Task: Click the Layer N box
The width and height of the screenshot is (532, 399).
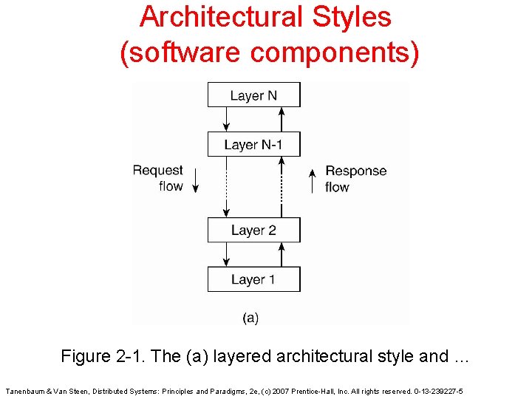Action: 253,95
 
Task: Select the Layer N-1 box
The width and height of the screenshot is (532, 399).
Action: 253,145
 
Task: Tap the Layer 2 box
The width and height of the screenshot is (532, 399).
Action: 253,231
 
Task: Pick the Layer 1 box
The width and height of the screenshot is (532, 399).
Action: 253,279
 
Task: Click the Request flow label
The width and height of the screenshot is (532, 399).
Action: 158,178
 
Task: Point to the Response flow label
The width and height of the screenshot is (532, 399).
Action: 355,179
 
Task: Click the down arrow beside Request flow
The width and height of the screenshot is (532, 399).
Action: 196,180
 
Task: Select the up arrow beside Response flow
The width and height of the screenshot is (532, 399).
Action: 313,180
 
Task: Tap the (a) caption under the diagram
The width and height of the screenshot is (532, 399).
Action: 250,318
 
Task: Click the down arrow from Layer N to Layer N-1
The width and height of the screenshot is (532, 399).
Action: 226,119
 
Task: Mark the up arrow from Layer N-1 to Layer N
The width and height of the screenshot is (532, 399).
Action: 281,119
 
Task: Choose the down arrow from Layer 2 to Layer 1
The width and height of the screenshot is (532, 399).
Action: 226,255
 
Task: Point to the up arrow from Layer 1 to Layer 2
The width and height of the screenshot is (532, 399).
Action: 281,255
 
